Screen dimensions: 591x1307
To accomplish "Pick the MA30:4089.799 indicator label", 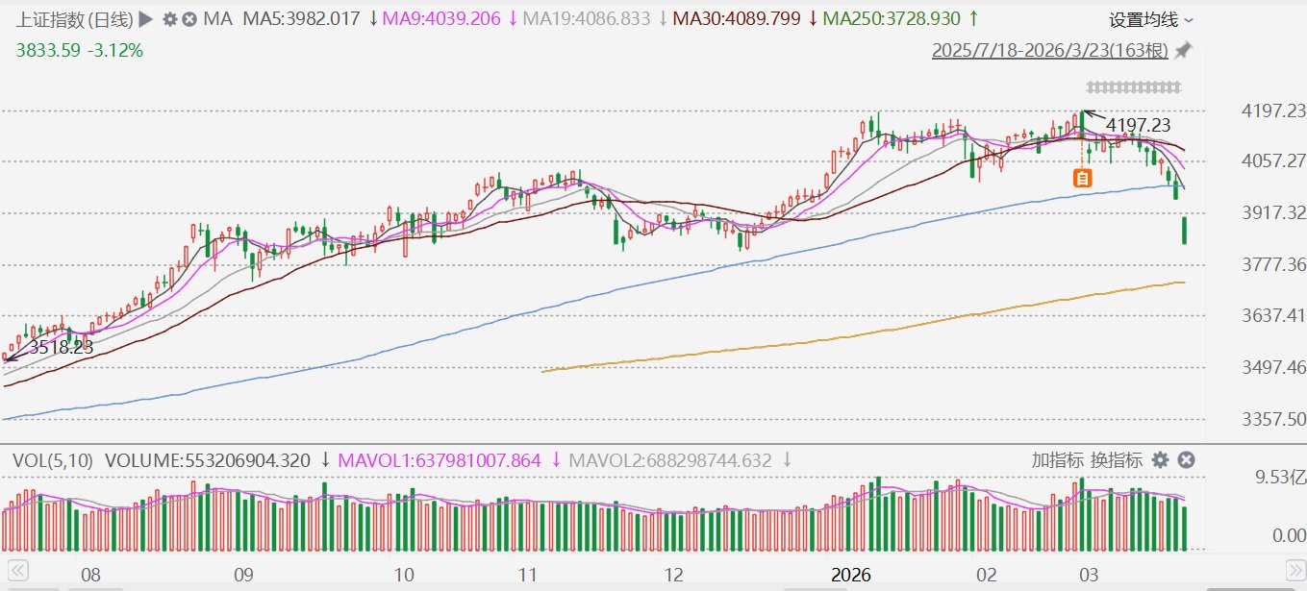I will coord(737,19).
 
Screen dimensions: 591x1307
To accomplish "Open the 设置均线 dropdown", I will coord(1151,20).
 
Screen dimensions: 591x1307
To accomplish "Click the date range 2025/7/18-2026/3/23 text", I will coord(1049,51).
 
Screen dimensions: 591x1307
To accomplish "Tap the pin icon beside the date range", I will coord(1184,51).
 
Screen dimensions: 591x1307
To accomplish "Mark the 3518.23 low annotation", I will coord(61,348).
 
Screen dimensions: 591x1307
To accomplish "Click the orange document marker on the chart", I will coord(1083,178).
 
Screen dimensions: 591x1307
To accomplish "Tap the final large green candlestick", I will coord(1185,231).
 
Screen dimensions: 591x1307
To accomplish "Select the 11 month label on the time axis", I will coord(527,575).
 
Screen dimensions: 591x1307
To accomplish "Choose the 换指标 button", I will coord(1117,460).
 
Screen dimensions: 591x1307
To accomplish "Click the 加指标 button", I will coord(1057,460).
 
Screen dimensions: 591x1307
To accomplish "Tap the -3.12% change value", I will coord(114,50).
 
